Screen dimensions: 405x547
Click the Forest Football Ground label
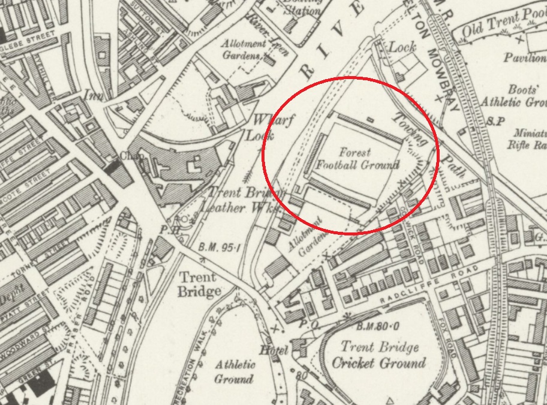click(358, 159)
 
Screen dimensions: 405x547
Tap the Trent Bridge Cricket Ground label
click(379, 355)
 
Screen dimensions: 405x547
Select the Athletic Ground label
click(235, 371)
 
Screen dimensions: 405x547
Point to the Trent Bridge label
click(199, 285)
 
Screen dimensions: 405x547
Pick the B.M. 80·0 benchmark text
click(378, 327)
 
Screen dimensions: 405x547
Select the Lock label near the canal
click(402, 47)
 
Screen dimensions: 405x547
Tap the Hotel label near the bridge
click(274, 350)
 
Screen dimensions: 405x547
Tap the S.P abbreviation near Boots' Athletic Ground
click(495, 120)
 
